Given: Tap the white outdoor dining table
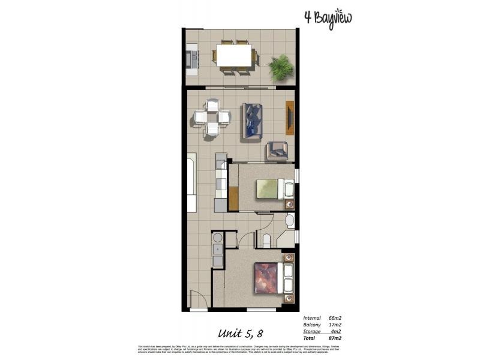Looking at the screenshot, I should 234,57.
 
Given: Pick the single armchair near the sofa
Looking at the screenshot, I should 277,149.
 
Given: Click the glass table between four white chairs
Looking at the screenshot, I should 212,116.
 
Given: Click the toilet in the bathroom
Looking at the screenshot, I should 267,241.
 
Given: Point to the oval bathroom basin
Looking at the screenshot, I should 289,220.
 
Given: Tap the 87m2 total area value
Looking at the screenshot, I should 335,338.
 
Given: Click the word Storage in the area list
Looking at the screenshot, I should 313,331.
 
